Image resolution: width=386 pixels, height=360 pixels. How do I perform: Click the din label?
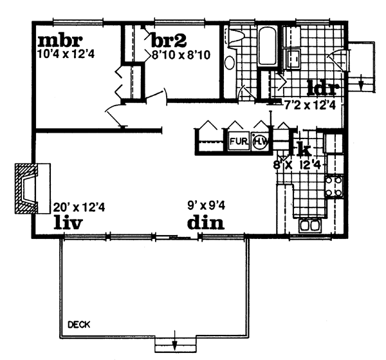(x=205, y=223)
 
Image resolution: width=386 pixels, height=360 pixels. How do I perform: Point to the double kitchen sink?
(x=311, y=225)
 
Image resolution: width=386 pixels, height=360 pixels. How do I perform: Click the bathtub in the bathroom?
(x=266, y=46)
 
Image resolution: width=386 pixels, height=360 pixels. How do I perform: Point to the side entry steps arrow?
(x=362, y=82)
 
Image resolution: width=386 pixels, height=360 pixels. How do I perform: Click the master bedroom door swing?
(x=115, y=116)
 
